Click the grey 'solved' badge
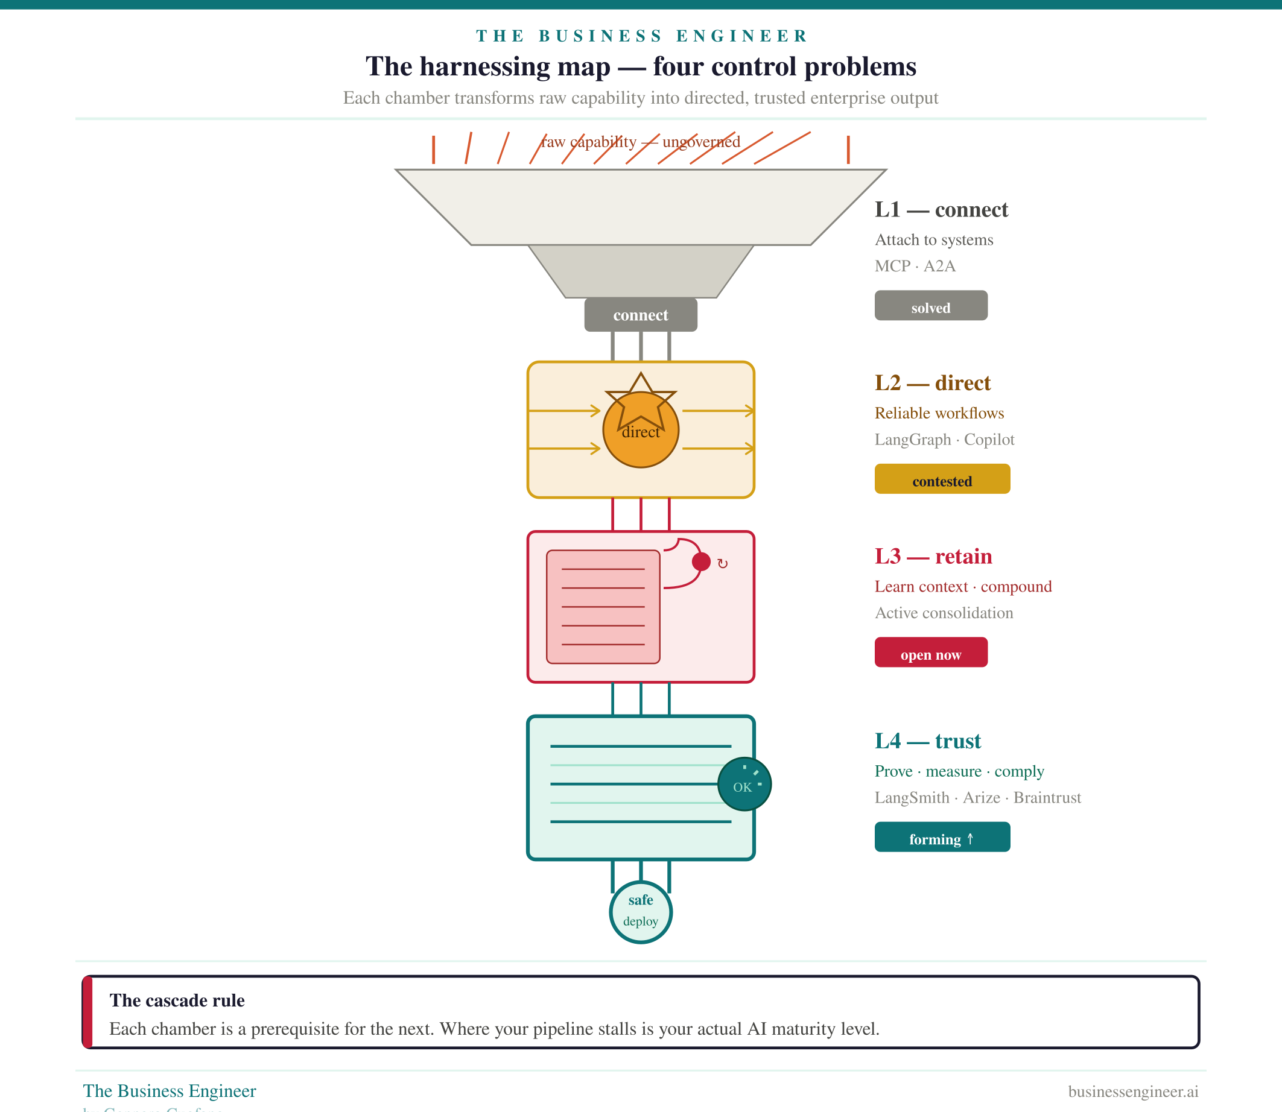[931, 306]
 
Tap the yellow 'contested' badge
[942, 479]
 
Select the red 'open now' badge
[931, 653]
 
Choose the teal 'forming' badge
[942, 837]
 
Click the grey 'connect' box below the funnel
[640, 315]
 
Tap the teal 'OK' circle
[744, 785]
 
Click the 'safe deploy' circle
[641, 912]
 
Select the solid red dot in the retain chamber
[701, 561]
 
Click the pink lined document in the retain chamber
[603, 606]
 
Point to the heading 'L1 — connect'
[941, 210]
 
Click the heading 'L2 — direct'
[933, 383]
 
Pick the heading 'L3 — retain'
[933, 557]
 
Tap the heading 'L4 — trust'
[927, 741]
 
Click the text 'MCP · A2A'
[915, 266]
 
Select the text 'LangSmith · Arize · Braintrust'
[978, 797]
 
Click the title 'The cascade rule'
[177, 1000]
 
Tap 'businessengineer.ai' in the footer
[1133, 1091]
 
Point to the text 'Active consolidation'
[944, 613]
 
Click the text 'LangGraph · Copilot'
[944, 440]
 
